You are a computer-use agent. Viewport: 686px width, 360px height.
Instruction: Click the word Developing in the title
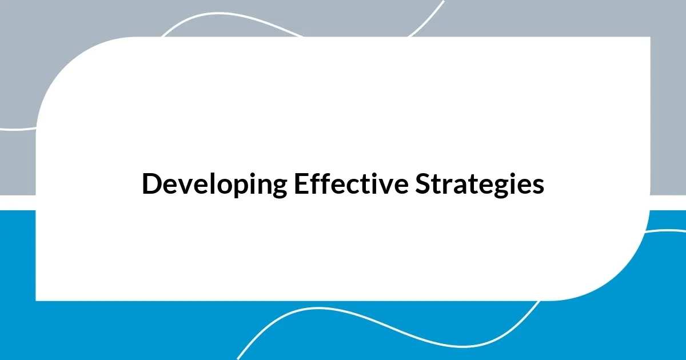coord(214,185)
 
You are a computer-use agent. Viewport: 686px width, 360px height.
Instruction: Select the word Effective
coord(352,184)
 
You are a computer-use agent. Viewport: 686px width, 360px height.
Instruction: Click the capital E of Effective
coord(301,184)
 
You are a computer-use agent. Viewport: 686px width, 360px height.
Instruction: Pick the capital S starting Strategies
coord(423,184)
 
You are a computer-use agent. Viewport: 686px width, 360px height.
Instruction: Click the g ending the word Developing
coord(277,188)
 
